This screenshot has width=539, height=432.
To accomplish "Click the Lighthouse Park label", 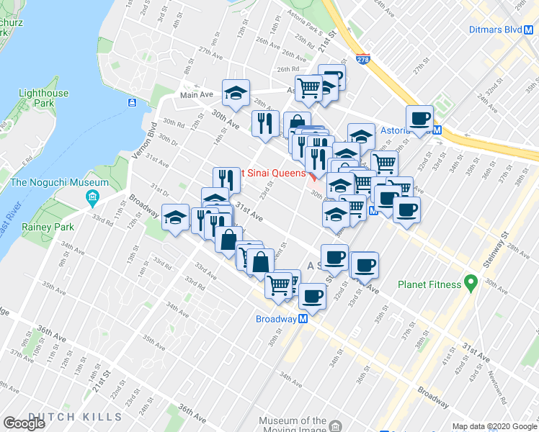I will coord(44,98).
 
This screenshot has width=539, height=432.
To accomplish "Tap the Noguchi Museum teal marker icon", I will coord(92,197).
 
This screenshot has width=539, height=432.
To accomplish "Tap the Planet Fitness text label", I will coord(429,284).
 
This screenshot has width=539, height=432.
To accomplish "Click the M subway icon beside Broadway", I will coord(303,318).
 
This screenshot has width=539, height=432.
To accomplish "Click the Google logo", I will coord(24,423).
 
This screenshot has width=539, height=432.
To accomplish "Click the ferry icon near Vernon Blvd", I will coord(133,103).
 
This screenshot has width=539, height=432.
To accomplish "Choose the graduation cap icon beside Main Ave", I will coord(235,91).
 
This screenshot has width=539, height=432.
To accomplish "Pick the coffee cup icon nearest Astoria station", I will coord(419,118).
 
